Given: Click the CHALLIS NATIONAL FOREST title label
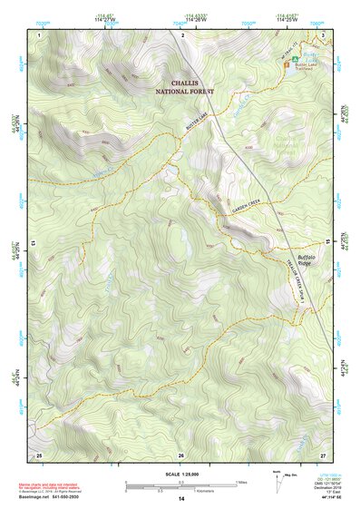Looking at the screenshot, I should click(x=184, y=86).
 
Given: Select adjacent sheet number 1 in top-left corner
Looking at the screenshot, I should click(x=41, y=34).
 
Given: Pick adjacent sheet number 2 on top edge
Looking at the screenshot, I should click(x=182, y=34).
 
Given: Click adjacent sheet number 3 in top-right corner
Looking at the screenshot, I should click(x=323, y=34).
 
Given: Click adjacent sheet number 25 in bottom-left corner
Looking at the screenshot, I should click(x=39, y=454).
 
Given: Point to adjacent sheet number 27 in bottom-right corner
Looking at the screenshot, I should click(x=323, y=454).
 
